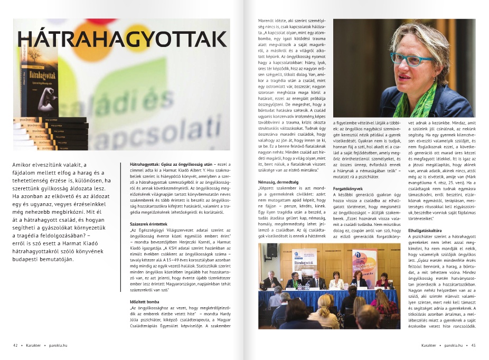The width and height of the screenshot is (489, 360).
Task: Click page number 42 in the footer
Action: point(15,345)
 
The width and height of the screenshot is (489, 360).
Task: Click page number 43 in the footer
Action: point(474,345)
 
